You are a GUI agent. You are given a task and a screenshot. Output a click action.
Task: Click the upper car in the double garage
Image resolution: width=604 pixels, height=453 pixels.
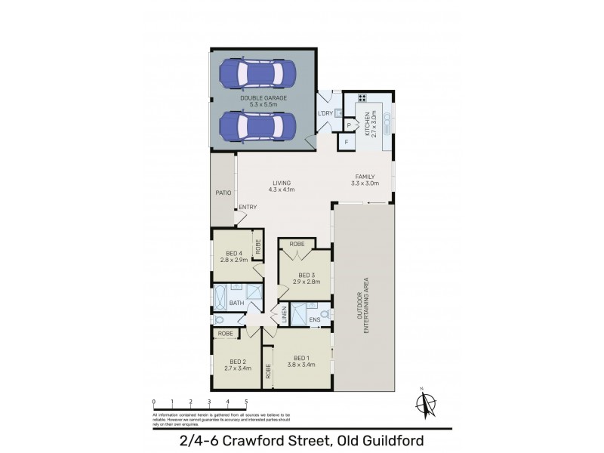(x=256, y=74)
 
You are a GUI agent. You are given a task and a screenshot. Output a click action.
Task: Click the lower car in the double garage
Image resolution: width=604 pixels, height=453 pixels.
(x=256, y=125)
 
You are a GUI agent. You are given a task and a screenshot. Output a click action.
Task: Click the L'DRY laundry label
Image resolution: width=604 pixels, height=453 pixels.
(x=325, y=113)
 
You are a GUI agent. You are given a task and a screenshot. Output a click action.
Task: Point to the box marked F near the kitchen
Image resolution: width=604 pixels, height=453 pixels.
(x=346, y=141)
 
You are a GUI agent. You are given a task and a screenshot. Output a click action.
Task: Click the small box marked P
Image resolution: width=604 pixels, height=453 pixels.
(x=349, y=125)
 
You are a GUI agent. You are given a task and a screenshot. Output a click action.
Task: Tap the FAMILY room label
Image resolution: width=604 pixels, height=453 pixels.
(x=365, y=177)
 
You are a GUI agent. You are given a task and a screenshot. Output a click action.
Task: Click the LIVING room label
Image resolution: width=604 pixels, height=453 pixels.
(x=282, y=183)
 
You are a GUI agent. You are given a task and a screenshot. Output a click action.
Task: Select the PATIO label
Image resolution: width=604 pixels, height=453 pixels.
(x=222, y=193)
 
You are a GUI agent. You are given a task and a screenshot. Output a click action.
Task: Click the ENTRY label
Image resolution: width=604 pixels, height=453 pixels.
(x=248, y=208)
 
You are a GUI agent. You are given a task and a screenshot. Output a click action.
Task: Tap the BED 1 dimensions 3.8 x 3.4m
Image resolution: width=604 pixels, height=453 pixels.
(x=302, y=365)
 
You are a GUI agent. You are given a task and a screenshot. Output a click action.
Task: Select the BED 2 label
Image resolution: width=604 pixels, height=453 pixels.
(x=237, y=360)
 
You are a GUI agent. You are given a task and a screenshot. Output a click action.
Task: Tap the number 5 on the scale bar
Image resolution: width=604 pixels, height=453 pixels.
(x=246, y=401)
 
